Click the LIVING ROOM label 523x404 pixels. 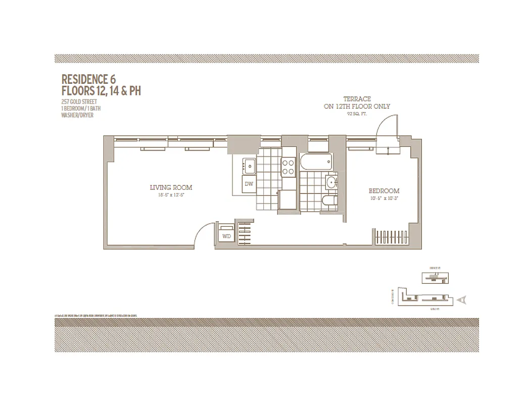(171, 187)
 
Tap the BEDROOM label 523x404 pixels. (384, 191)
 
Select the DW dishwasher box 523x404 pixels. (249, 184)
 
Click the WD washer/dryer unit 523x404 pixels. (226, 236)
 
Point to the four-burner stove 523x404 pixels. (288, 167)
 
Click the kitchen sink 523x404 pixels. (249, 165)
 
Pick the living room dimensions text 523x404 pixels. (171, 195)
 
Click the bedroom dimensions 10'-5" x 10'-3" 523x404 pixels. (384, 198)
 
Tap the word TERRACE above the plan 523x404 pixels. (357, 99)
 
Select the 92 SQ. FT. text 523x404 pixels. (357, 114)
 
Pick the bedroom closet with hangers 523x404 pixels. (394, 237)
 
